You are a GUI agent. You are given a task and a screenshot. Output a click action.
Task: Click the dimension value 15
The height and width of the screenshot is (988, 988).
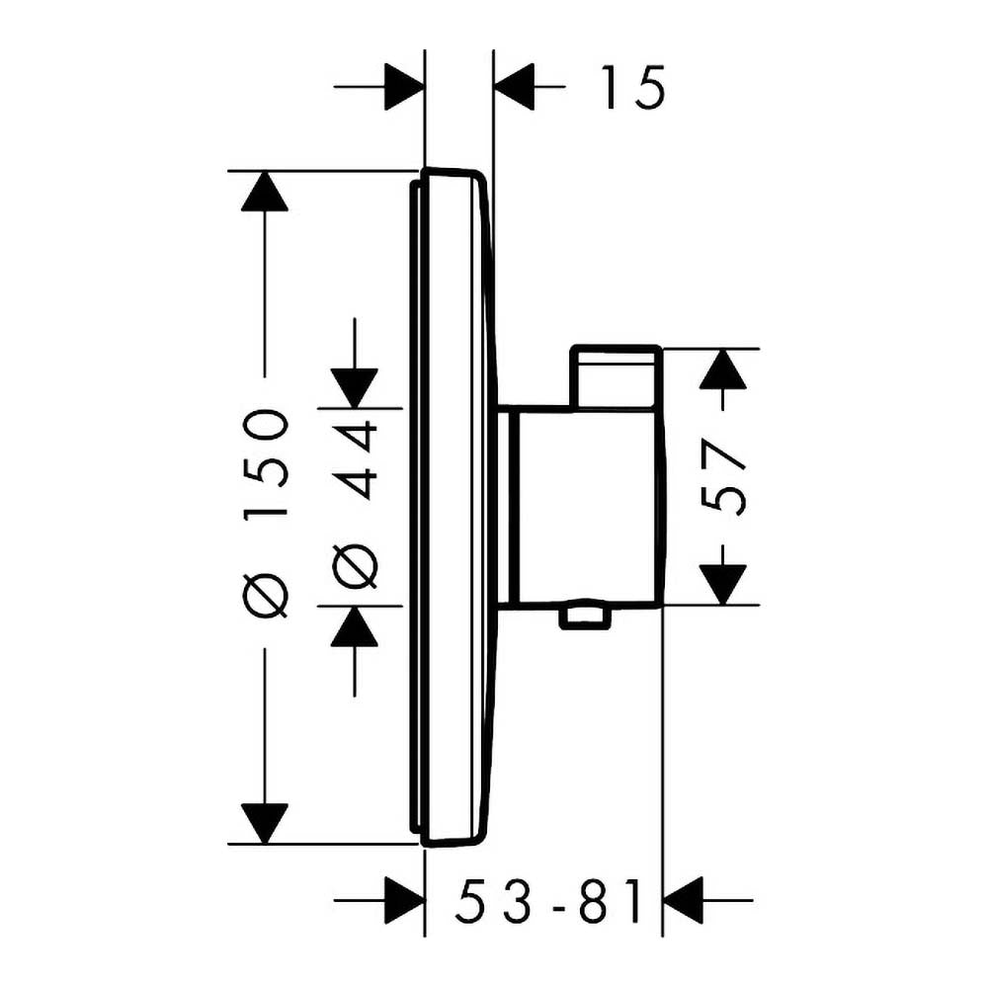point(632,87)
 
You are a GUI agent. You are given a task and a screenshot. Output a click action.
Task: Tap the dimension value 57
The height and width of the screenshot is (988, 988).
point(723,477)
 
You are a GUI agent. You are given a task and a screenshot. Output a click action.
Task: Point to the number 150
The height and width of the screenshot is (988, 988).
point(267,463)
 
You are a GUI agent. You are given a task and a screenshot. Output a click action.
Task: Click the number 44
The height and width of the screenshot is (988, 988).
point(355,453)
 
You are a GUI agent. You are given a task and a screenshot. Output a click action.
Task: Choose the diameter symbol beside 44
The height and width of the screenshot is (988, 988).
point(355,565)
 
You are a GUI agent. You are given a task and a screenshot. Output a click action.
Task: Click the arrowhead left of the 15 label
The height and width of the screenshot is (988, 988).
point(514,87)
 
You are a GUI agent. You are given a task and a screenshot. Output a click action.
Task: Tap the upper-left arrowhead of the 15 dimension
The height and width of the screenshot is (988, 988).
point(404,87)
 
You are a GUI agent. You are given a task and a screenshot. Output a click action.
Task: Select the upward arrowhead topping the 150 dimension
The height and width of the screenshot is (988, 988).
point(265,191)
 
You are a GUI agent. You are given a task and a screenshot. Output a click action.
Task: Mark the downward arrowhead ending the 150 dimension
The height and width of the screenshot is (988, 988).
point(265,824)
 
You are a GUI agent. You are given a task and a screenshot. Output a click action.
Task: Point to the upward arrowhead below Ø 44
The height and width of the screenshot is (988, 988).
point(355,626)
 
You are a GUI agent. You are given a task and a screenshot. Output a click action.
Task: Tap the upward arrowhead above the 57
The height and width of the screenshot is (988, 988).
point(723,368)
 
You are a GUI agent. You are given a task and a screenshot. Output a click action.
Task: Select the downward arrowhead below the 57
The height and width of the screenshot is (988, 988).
point(723,585)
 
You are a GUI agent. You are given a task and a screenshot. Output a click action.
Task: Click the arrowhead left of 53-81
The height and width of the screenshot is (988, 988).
point(404,900)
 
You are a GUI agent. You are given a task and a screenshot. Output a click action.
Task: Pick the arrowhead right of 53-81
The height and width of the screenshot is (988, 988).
point(683,900)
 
